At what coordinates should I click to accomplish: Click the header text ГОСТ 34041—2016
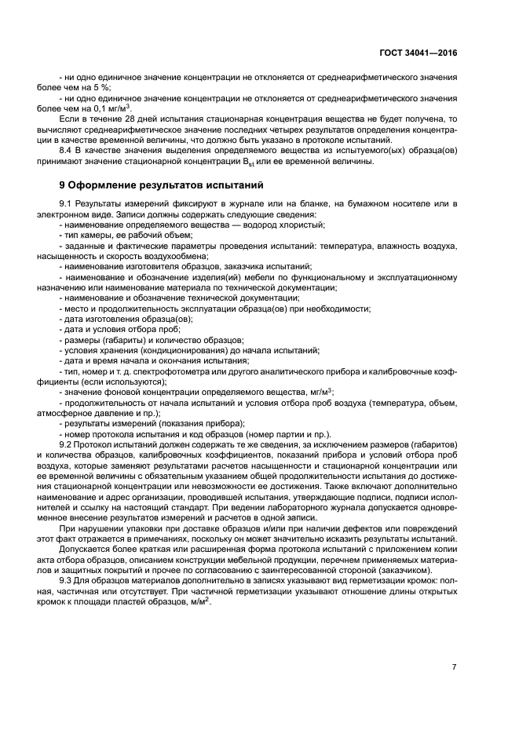pyautogui.click(x=418, y=52)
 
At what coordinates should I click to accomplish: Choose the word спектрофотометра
pyautogui.click(x=152, y=371)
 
